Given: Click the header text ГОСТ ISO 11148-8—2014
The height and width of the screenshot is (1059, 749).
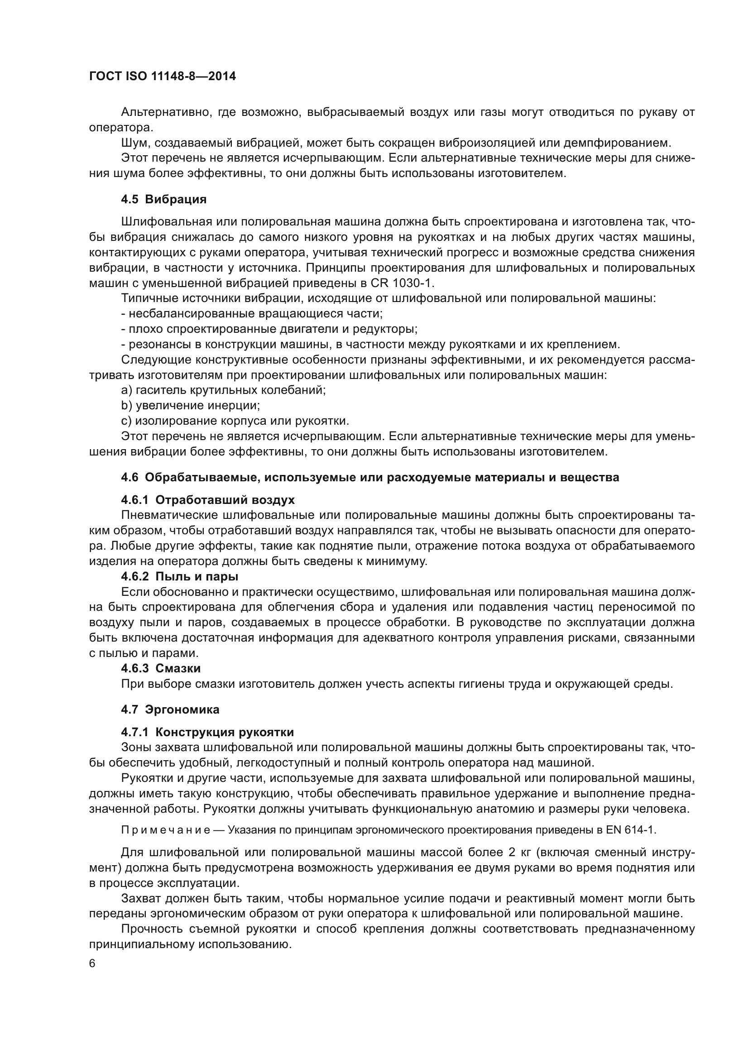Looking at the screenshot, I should pos(163,76).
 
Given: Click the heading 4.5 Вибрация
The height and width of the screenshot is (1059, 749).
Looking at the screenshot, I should pos(164,200).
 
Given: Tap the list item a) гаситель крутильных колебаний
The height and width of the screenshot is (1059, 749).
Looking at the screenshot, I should pos(224,390).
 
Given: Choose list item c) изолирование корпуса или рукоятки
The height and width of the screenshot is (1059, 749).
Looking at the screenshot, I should pos(235,421).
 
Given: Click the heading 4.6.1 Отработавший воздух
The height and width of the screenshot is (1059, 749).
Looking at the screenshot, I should pos(207,500).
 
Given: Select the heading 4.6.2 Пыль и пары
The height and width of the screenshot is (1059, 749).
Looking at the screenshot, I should pos(179,576).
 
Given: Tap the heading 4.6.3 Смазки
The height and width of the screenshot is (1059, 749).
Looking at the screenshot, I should pos(160,668).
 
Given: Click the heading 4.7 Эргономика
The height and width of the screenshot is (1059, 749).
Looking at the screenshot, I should pos(170,710).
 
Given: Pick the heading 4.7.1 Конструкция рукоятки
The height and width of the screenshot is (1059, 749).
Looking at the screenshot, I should pos(207,733).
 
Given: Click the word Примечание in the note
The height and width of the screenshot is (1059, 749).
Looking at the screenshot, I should pos(166,830).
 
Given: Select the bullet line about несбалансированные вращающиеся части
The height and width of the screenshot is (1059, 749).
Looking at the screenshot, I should pos(252,314).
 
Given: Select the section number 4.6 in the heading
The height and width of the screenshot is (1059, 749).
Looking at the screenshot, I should pos(130,477).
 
